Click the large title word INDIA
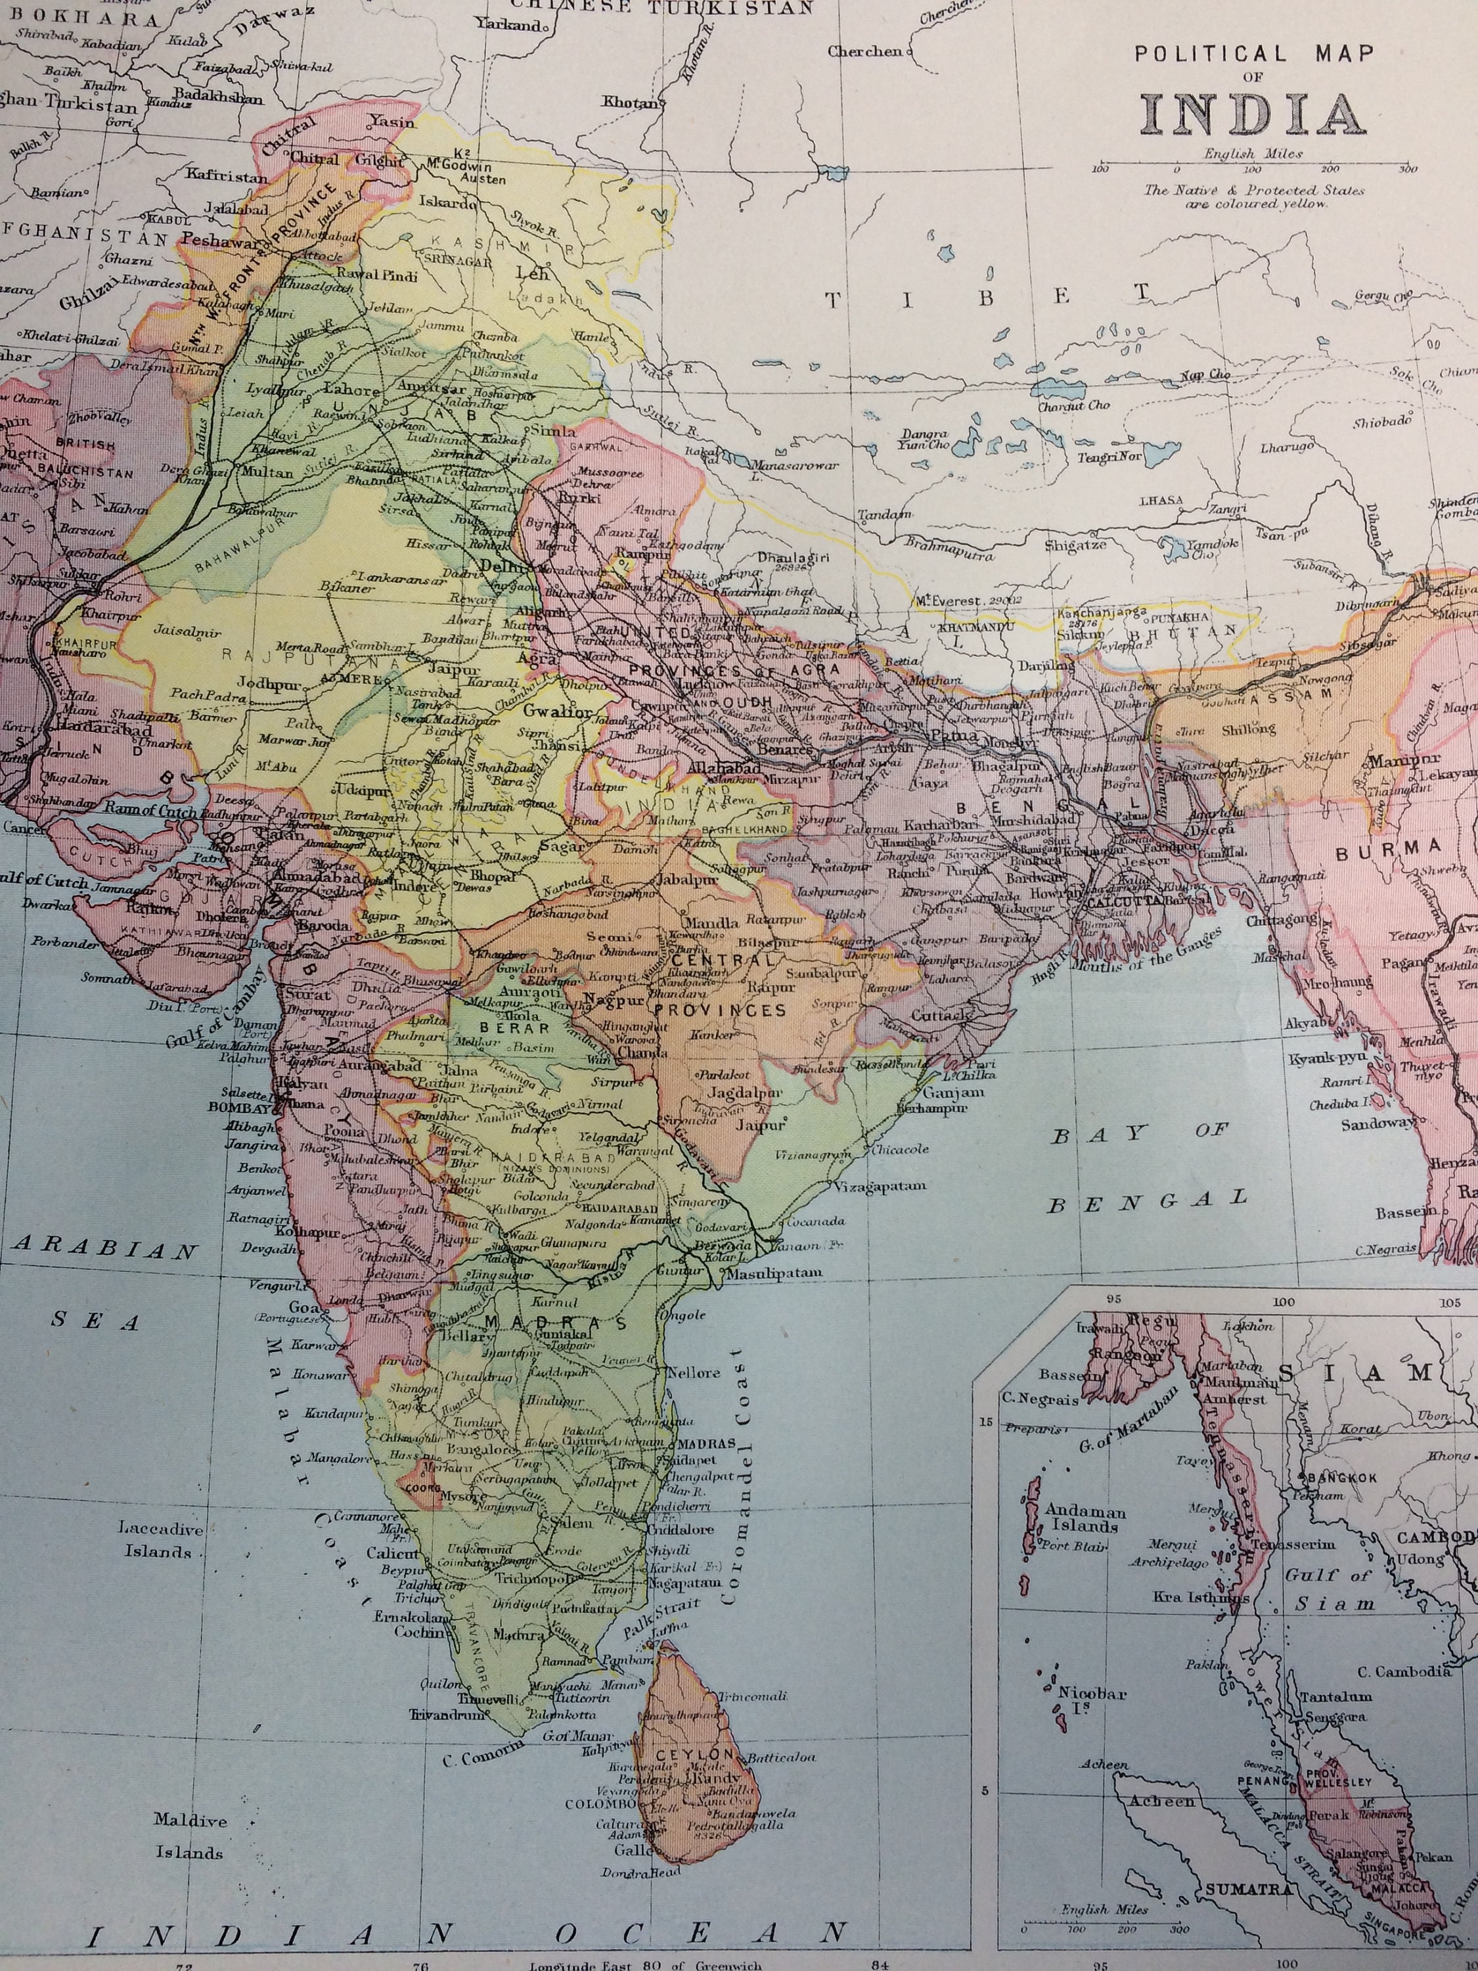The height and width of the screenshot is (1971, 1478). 1253,114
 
